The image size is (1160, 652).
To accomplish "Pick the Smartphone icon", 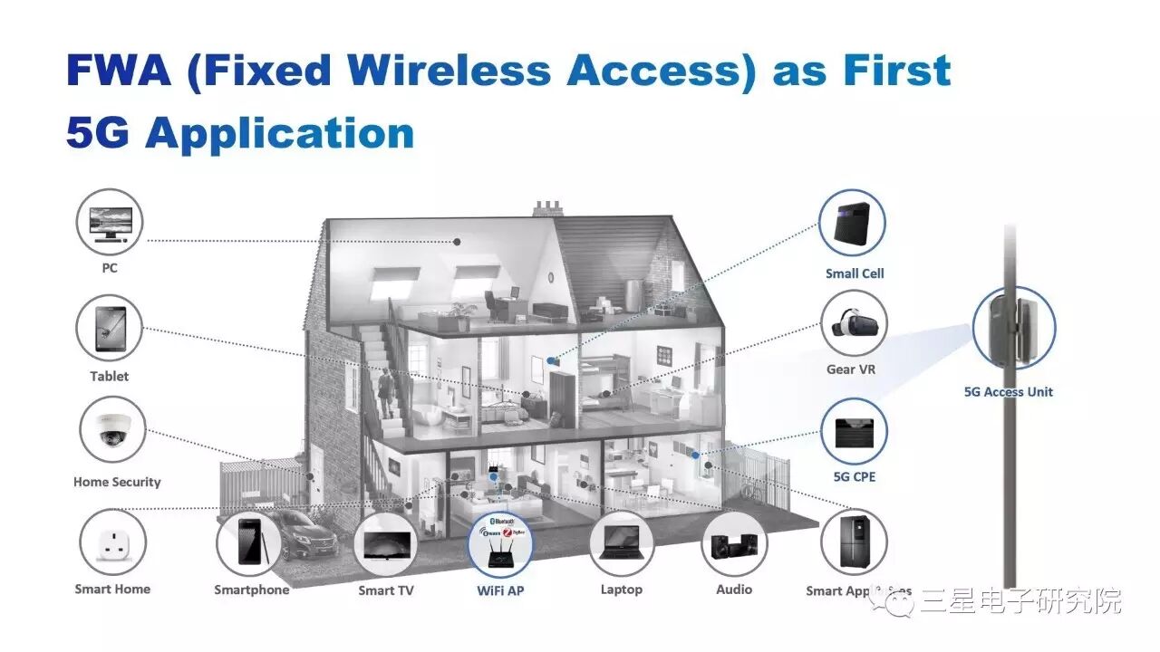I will click(249, 543).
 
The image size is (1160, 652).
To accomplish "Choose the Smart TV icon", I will click(386, 544).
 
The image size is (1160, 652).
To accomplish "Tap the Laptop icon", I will click(622, 543).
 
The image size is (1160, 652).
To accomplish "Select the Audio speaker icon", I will click(734, 543).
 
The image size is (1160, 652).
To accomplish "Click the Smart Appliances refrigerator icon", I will click(854, 542).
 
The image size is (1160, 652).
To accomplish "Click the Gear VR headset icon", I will click(854, 323).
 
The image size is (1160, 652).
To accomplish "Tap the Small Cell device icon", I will click(852, 224).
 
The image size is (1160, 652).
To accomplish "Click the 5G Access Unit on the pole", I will click(1013, 326).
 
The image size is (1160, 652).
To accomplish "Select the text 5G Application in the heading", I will click(240, 133).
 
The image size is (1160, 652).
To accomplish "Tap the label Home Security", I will click(117, 483).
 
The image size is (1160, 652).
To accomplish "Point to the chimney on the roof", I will click(546, 208).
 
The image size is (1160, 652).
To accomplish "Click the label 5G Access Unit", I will click(1009, 392).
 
